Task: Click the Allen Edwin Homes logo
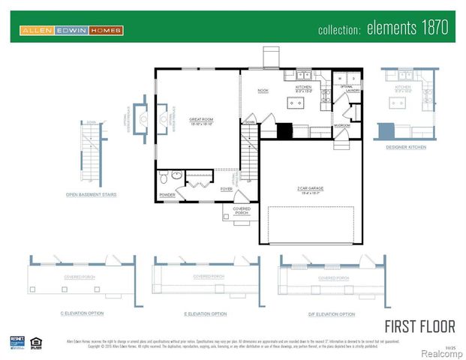(x=71, y=30)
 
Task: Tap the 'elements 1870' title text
(x=383, y=29)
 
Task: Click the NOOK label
(x=263, y=91)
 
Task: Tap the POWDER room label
(x=167, y=195)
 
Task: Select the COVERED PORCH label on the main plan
(x=242, y=211)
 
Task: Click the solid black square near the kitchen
(x=284, y=131)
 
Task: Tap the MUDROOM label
(x=343, y=126)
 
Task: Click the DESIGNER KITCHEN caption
(x=406, y=147)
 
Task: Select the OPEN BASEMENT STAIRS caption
(x=91, y=194)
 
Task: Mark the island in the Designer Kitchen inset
(x=400, y=101)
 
